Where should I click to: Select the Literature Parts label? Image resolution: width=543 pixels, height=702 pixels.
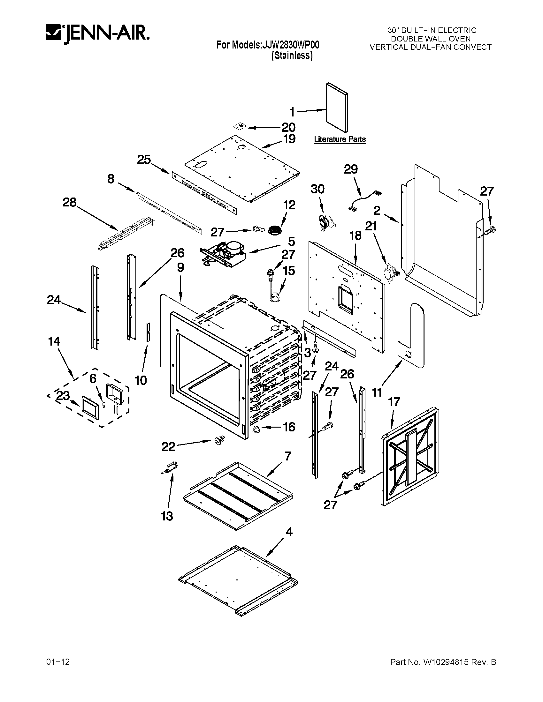click(x=340, y=139)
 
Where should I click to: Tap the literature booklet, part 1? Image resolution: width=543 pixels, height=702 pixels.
click(x=337, y=108)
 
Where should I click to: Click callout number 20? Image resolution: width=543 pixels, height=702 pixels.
click(x=288, y=127)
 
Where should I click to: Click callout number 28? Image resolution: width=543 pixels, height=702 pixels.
click(x=70, y=203)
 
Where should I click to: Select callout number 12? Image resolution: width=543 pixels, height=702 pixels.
click(x=289, y=205)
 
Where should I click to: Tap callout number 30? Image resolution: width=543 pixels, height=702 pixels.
click(x=317, y=189)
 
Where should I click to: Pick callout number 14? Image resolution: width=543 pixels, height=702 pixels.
click(x=54, y=341)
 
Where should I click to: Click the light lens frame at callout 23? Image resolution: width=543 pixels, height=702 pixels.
click(x=90, y=407)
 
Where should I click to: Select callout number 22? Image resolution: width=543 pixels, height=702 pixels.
click(x=168, y=447)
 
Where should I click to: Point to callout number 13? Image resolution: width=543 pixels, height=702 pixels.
click(x=167, y=516)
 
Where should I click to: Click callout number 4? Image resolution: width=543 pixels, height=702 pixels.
click(x=289, y=532)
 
